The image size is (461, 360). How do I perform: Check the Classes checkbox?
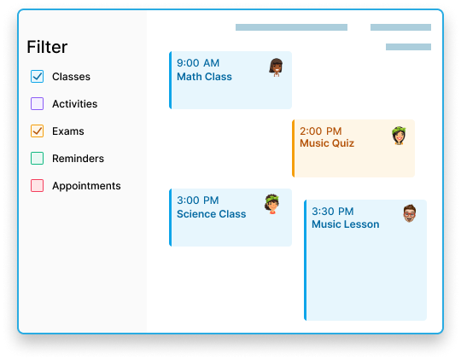(x=37, y=77)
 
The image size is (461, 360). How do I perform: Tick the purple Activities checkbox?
(x=37, y=104)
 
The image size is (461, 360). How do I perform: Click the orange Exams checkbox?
(x=37, y=131)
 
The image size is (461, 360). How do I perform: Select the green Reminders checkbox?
(x=37, y=159)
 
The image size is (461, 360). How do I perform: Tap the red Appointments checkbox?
(x=37, y=186)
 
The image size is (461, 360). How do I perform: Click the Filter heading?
(x=47, y=47)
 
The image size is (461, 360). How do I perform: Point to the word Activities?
(x=74, y=104)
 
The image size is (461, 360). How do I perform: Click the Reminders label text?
(x=78, y=159)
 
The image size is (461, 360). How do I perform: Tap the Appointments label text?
(x=86, y=186)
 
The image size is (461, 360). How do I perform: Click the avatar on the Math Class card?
(x=276, y=67)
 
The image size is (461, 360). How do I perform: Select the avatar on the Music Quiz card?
(x=399, y=136)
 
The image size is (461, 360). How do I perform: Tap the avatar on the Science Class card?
(x=271, y=204)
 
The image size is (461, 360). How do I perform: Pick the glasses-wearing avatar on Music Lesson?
(x=410, y=213)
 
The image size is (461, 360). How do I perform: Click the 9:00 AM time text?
(x=198, y=63)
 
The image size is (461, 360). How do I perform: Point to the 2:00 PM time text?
(x=320, y=131)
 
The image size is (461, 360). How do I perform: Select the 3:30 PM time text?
(x=333, y=212)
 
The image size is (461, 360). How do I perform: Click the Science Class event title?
(x=212, y=214)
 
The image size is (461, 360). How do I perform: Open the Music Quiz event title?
(x=327, y=143)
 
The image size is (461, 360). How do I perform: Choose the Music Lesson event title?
(x=346, y=224)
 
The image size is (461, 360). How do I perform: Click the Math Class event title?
(x=204, y=77)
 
